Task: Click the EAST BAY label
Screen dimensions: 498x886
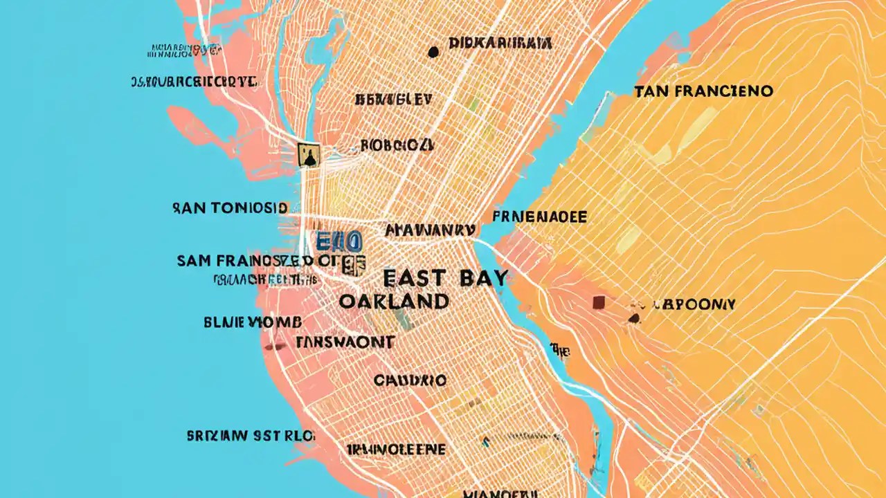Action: [445, 278]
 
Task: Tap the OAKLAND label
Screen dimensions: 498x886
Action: [395, 302]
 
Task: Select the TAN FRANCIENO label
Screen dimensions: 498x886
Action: [703, 91]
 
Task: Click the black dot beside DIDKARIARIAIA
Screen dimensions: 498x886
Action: [433, 51]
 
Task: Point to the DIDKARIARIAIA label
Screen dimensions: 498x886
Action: [500, 44]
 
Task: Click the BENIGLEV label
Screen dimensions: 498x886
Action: [393, 100]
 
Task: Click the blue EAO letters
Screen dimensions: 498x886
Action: [338, 242]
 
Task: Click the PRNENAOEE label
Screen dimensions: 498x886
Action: [539, 217]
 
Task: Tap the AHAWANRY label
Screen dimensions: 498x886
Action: [429, 230]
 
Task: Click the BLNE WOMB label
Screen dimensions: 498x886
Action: [253, 322]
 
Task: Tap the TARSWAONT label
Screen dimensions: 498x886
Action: [345, 342]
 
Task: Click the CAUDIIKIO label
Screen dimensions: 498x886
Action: [410, 380]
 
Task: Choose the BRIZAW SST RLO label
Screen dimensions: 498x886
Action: [251, 436]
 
